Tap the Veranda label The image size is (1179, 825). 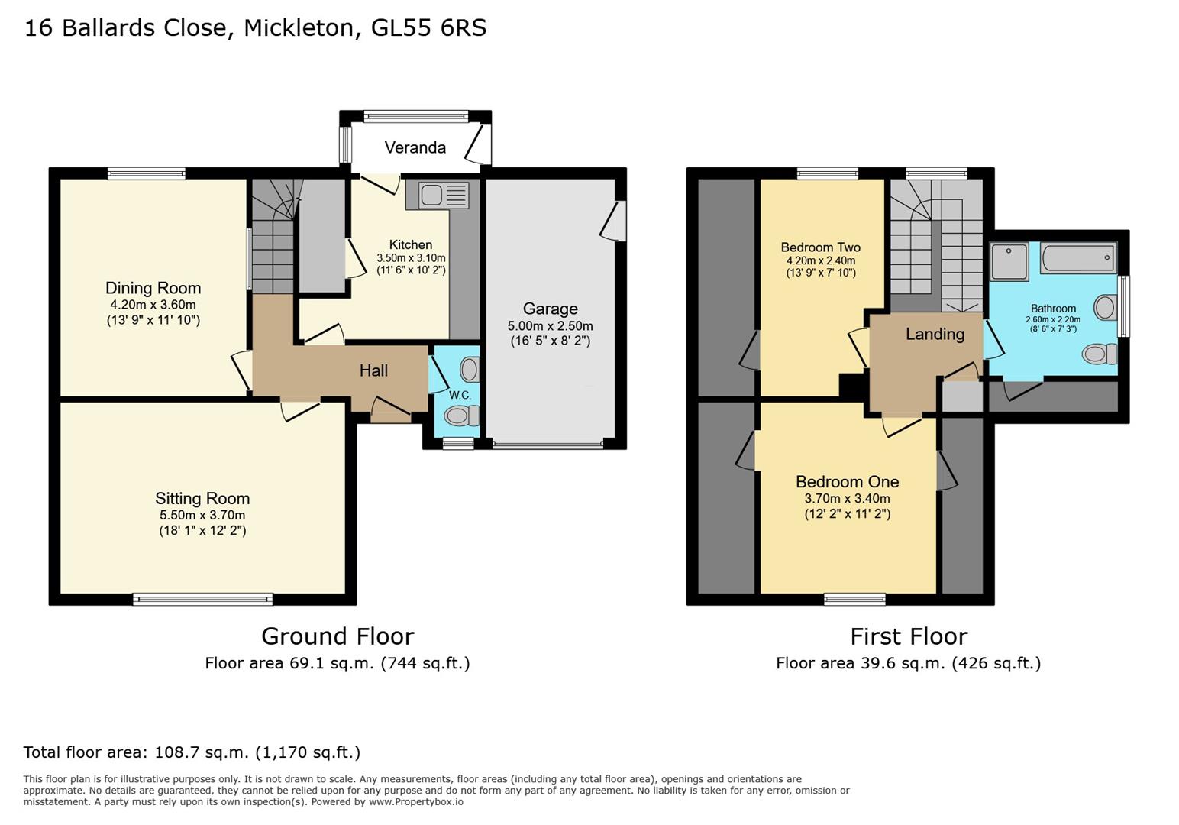coord(415,147)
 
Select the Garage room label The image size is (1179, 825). coord(550,309)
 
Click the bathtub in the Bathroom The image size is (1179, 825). coord(1078,257)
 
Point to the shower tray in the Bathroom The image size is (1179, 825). coord(1010,261)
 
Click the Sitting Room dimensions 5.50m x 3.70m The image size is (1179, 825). coord(202,515)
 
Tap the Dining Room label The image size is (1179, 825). coord(153,288)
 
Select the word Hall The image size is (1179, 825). coord(373,370)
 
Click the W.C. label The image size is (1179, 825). coord(460,395)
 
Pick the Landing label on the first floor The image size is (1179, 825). coord(935,334)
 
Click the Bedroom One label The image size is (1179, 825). coord(847,481)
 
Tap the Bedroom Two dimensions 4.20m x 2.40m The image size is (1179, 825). coord(820,260)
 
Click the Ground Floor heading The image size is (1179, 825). coord(338,636)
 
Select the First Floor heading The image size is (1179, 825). coord(909,636)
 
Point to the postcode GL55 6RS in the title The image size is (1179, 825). coord(428,28)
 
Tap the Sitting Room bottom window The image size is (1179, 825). coord(202,600)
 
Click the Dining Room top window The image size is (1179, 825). coord(146,173)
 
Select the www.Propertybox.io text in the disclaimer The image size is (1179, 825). coord(415,802)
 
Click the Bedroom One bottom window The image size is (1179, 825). coord(854,600)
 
